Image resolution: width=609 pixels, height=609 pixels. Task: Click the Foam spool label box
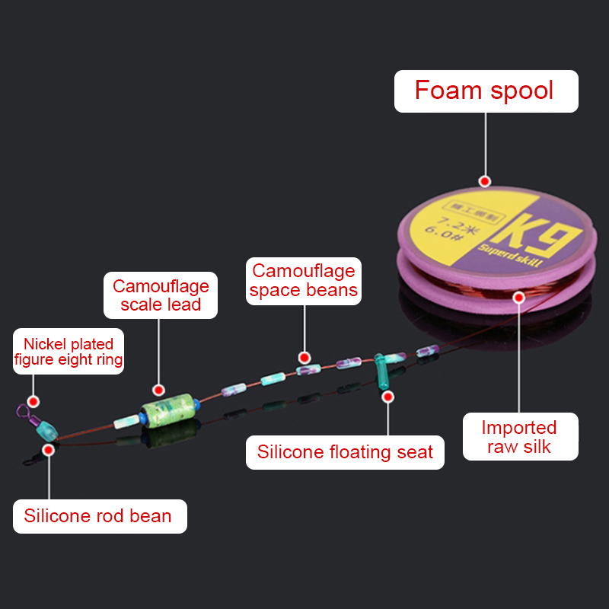click(486, 91)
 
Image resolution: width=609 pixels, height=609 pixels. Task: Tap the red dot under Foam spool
click(484, 181)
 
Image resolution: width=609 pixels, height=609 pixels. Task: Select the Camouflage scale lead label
click(161, 295)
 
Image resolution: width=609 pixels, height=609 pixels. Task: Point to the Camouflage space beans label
click(303, 280)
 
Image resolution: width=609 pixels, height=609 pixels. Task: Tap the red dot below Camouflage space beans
click(304, 357)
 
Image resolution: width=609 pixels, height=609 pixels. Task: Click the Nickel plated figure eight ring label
click(69, 352)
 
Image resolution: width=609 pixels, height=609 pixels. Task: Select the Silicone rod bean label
click(97, 516)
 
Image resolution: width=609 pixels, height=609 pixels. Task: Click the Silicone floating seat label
click(345, 451)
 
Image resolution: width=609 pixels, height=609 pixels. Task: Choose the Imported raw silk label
click(521, 437)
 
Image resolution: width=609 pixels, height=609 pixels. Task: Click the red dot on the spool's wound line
click(519, 298)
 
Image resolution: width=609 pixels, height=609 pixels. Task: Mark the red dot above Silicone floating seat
click(387, 396)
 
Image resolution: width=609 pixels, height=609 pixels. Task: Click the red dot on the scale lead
click(158, 388)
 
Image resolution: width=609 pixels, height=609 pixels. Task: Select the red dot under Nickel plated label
click(33, 400)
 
